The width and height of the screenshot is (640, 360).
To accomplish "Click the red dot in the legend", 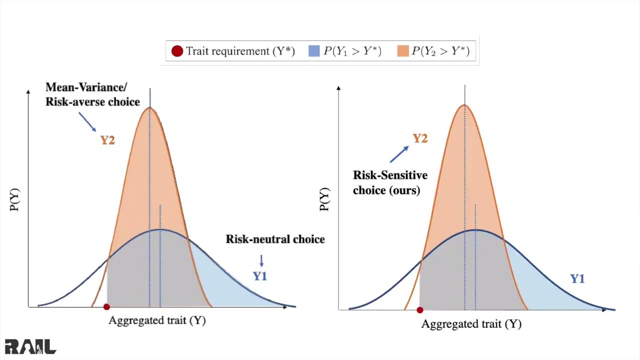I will (x=177, y=51).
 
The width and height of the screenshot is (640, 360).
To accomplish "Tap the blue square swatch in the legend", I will (x=314, y=51).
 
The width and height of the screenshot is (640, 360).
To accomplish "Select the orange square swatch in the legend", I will (x=403, y=51).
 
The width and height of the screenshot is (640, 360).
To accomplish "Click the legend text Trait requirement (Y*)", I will (x=240, y=51).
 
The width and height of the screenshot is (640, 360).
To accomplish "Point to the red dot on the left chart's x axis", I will (x=106, y=307).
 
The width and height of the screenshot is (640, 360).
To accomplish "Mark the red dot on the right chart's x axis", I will (x=420, y=310).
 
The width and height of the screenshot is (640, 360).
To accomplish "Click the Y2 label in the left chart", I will (x=107, y=140).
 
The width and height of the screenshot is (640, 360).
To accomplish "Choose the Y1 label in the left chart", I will (x=260, y=276).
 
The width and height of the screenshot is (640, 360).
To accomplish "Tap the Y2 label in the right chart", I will (x=420, y=139).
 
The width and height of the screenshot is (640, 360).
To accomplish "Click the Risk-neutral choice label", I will (x=275, y=239).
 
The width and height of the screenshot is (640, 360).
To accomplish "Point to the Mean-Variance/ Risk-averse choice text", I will (x=92, y=94).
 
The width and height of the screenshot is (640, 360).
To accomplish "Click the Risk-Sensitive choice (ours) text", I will (x=390, y=182).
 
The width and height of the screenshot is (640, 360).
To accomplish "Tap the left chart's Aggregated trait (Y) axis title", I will (x=157, y=321).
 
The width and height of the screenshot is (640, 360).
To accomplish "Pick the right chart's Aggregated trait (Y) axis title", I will (x=471, y=324).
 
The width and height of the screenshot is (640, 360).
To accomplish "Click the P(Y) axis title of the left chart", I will (x=14, y=199).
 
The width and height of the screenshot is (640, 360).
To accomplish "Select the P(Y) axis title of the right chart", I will (x=325, y=199).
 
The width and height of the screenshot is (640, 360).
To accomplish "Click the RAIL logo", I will (x=30, y=346).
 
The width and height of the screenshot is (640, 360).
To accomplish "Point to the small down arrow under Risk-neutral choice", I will (x=261, y=261).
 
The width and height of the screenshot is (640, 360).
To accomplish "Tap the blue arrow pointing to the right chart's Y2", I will (x=399, y=154).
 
